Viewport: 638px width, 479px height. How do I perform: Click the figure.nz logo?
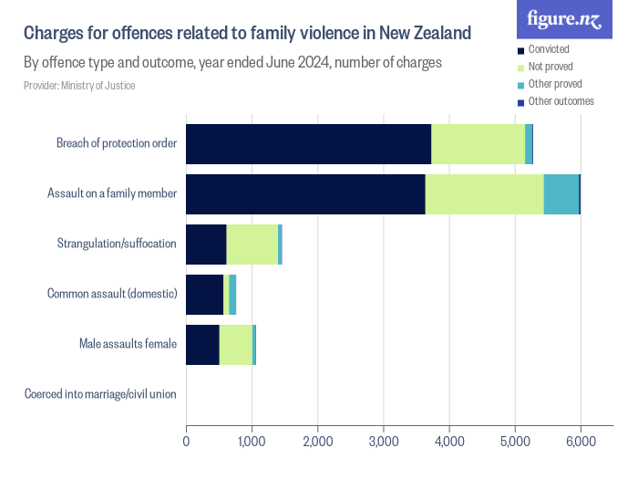tap(564, 20)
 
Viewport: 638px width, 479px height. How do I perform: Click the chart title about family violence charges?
tap(247, 35)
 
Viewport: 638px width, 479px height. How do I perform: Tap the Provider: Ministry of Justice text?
tap(80, 86)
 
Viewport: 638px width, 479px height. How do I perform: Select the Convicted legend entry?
tap(549, 49)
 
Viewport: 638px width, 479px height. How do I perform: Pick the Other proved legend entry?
tap(554, 84)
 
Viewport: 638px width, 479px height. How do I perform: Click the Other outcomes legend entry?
tap(560, 101)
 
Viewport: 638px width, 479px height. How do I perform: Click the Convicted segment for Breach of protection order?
tap(308, 144)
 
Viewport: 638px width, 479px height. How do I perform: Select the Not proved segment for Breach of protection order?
tap(478, 144)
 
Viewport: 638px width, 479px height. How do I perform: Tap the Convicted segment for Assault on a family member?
tap(305, 194)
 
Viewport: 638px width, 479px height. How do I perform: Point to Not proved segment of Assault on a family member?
tap(484, 194)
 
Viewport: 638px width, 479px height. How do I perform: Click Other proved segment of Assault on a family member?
tap(561, 194)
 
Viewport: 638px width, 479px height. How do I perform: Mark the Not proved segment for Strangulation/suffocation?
tap(252, 245)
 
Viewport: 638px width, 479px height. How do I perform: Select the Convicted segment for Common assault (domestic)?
tap(204, 295)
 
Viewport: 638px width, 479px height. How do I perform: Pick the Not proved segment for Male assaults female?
tap(235, 345)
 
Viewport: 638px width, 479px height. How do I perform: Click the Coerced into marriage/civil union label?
tap(100, 395)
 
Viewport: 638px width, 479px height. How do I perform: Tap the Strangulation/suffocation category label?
tap(117, 245)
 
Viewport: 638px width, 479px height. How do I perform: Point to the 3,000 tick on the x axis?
tap(383, 442)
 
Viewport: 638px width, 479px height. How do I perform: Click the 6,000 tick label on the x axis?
tap(580, 442)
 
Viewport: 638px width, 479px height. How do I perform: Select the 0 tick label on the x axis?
tap(186, 442)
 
